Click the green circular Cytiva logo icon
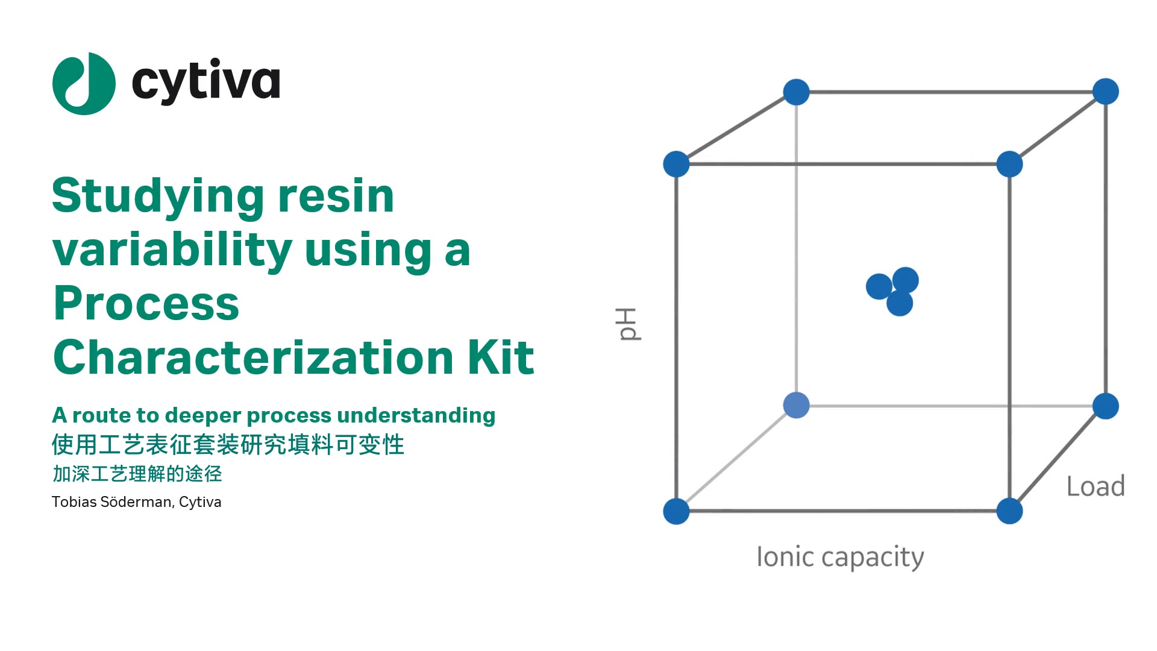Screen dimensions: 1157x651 84,84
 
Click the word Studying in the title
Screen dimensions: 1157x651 158,197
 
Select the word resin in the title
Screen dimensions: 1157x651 336,196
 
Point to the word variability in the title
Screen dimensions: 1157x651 172,251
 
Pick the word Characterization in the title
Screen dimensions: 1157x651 254,357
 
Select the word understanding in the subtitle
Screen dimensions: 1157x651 416,415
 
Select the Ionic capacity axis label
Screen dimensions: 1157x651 840,558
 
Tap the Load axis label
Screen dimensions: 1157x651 1096,486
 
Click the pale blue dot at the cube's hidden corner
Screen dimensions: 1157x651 796,405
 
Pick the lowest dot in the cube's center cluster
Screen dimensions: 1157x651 900,303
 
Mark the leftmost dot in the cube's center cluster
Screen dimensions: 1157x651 879,286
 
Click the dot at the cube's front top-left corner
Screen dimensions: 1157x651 676,164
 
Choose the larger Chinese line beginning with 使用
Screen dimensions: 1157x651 228,445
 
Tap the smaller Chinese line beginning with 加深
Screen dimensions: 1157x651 137,474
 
